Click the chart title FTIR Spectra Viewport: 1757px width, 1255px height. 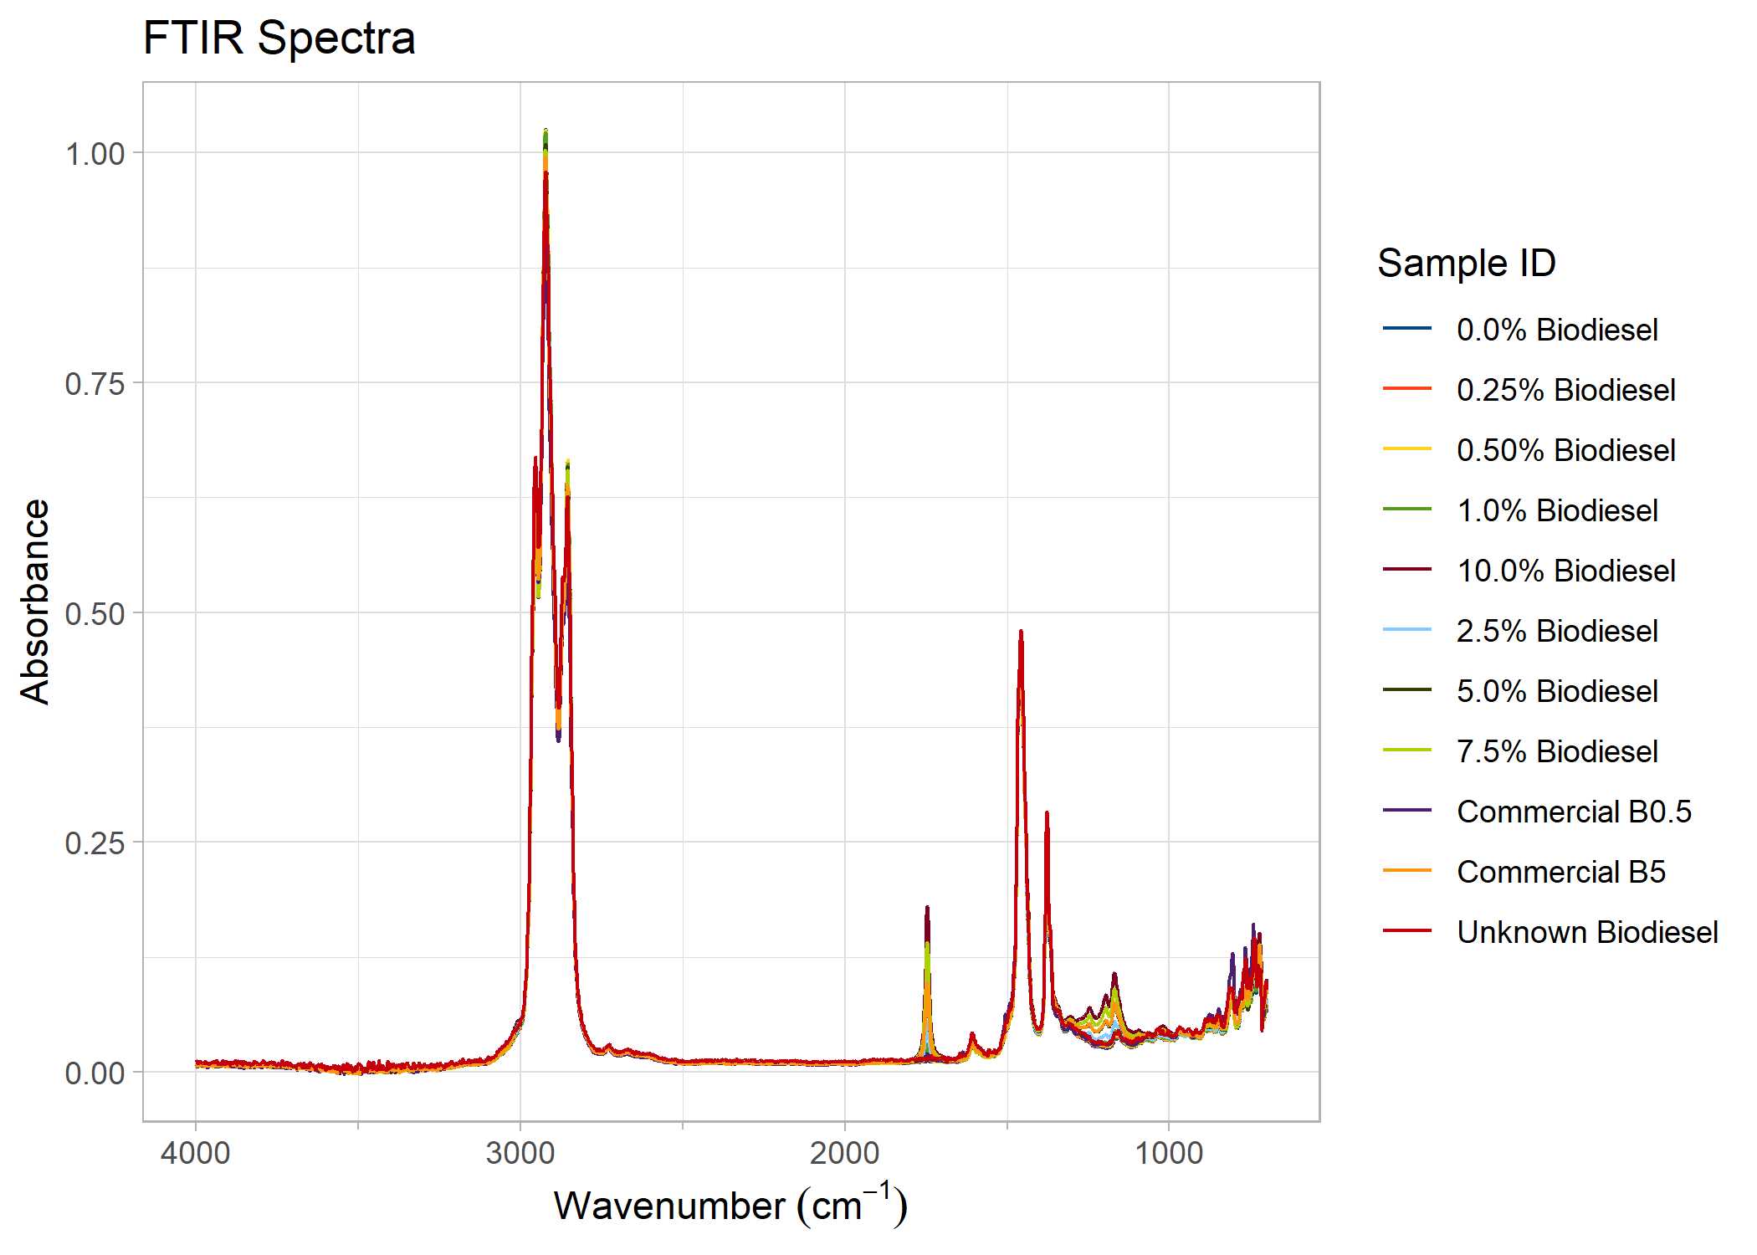[279, 38]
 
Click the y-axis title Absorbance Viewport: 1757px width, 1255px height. [35, 602]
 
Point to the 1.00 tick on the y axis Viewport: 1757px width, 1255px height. [95, 154]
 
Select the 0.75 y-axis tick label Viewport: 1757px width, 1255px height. [95, 384]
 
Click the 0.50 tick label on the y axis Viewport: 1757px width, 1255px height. [95, 614]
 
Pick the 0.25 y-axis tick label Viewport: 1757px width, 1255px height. [95, 843]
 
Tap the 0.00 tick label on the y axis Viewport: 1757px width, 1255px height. [95, 1073]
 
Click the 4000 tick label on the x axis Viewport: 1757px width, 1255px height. [196, 1153]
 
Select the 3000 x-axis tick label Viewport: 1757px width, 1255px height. [520, 1153]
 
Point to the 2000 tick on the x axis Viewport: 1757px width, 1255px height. [844, 1153]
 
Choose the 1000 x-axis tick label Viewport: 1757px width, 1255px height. [1169, 1153]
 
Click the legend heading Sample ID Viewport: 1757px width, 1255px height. [1466, 264]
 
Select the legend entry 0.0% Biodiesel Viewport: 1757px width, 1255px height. [1556, 330]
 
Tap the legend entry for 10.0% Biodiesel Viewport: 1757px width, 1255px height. [1565, 571]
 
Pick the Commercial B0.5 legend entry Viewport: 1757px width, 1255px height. [1574, 812]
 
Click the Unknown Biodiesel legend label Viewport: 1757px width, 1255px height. [1586, 932]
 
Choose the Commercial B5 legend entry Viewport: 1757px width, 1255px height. [1560, 872]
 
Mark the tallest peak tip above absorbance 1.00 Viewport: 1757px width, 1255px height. [546, 131]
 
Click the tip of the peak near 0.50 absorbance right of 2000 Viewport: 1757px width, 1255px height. [1021, 632]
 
